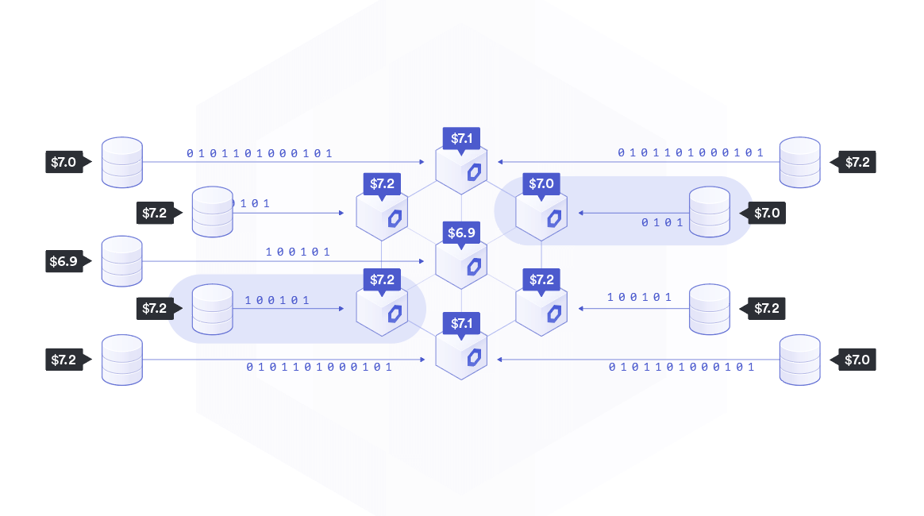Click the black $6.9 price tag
tap(64, 261)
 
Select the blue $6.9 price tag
tap(461, 233)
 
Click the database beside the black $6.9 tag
tap(122, 261)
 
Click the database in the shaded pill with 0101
tap(709, 212)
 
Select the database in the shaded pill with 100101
tap(213, 309)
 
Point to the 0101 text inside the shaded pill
tap(662, 222)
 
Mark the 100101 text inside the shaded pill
tap(277, 301)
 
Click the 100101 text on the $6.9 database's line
tap(298, 252)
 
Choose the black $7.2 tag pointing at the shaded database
tap(157, 309)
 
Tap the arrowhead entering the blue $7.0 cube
tap(582, 213)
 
